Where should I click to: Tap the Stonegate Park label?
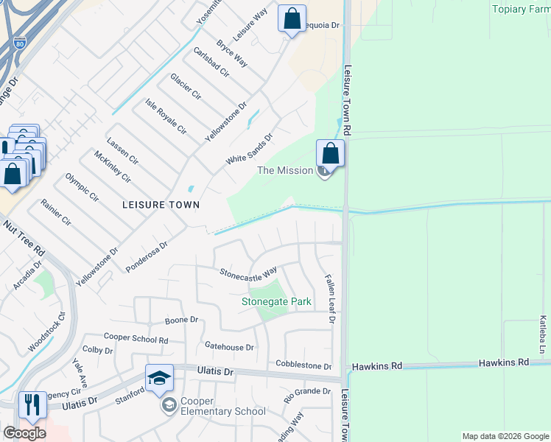(x=277, y=301)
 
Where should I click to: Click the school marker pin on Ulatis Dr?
(x=159, y=379)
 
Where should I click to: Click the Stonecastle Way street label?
(x=248, y=272)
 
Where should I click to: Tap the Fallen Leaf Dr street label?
(x=331, y=298)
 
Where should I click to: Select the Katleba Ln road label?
(x=543, y=333)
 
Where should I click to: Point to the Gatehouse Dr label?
(x=229, y=347)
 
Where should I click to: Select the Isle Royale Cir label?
(x=165, y=116)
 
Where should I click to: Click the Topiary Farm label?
(x=520, y=9)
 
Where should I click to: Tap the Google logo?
(x=24, y=433)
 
